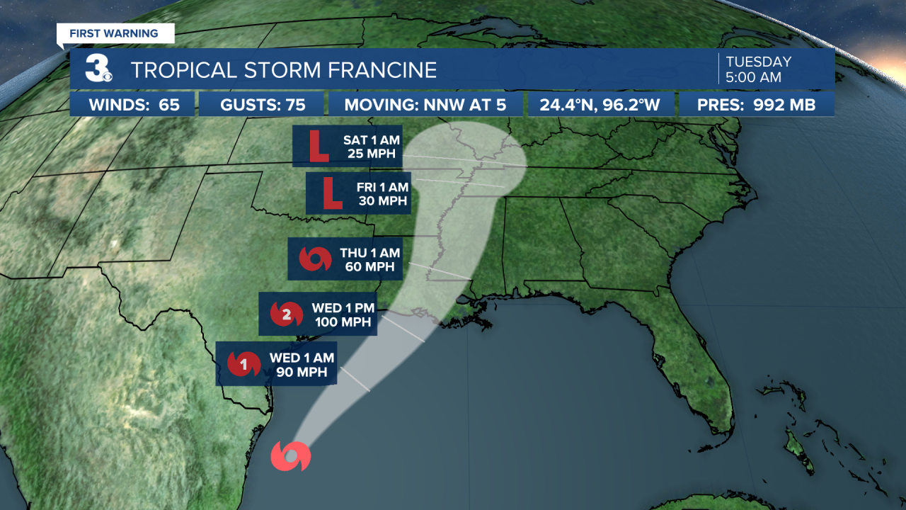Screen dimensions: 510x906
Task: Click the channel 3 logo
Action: [98, 69]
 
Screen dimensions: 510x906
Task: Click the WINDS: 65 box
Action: [133, 105]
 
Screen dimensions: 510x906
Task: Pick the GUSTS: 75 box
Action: [263, 105]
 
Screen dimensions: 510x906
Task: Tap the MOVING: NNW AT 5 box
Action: [425, 105]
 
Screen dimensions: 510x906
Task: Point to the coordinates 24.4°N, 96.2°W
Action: [600, 105]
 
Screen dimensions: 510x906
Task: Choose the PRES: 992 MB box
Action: [756, 105]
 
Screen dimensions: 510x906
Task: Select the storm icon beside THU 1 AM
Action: [314, 259]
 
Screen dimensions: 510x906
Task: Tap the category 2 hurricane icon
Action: [286, 314]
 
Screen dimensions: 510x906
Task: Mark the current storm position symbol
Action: [290, 456]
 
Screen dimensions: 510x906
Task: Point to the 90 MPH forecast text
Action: [301, 372]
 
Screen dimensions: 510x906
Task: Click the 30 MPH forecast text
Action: [382, 200]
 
